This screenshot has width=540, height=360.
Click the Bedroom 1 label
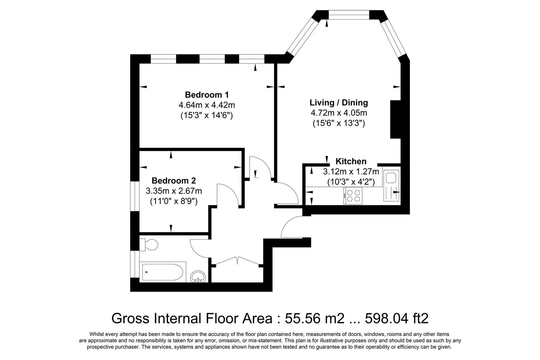pos(207,95)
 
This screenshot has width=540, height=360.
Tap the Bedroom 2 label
pos(173,181)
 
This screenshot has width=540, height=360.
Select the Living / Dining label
pos(339,103)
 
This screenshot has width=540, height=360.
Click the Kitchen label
pos(351,161)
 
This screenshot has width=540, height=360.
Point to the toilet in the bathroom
pos(150,245)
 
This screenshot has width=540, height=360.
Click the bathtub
pos(162,272)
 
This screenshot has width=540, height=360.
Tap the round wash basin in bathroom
pos(199,276)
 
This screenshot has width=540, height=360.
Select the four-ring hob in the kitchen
pos(353,196)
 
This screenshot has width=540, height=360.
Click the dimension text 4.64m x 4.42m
pos(207,105)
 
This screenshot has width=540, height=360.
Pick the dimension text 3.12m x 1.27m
pos(351,172)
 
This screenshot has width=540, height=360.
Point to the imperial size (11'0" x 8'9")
pos(173,201)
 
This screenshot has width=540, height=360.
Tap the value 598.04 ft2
pos(397,318)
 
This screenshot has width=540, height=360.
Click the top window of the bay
pos(349,15)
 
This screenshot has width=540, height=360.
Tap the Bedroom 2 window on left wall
pos(135,196)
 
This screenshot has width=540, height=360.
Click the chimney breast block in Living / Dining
pos(395,119)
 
